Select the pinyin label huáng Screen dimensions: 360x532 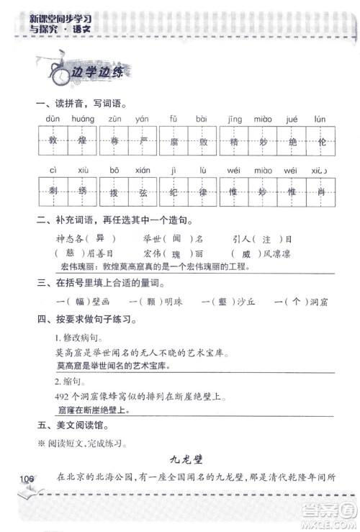coord(84,119)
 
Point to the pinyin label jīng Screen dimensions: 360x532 coord(234,119)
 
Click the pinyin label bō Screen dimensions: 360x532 coord(114,171)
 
